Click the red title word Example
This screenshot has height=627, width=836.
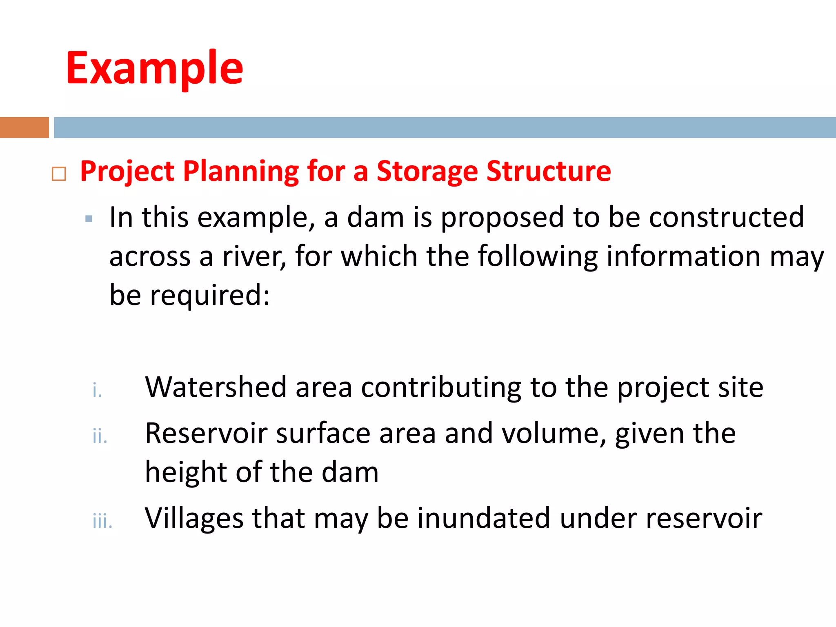pos(154,68)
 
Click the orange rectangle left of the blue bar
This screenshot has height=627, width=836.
pos(24,127)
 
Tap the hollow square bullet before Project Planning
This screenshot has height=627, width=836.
pos(59,174)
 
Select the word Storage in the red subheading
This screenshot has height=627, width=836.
pos(427,171)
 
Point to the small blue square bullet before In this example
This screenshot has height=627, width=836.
pos(89,219)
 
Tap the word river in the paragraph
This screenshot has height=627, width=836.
pos(254,257)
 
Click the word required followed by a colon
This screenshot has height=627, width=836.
pos(209,296)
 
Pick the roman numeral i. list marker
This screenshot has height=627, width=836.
pos(97,390)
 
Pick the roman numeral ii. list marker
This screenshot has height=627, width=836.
pos(100,436)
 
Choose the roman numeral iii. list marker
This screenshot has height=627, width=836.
pos(102,521)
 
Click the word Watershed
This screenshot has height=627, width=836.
pos(216,387)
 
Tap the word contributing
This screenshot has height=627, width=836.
pos(441,387)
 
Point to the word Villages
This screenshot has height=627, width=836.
pos(194,518)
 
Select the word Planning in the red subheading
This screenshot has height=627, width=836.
pos(241,171)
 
